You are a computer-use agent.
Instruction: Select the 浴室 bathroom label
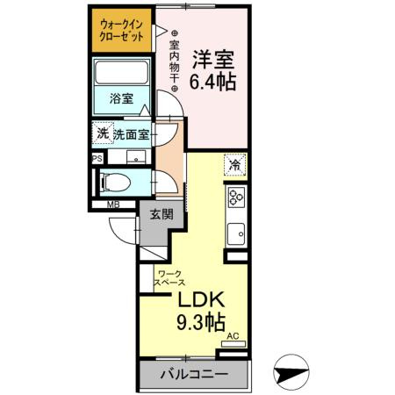(122, 98)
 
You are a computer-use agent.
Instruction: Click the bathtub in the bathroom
(122, 76)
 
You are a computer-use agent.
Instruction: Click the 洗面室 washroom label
(131, 136)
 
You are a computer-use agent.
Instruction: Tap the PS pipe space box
(97, 158)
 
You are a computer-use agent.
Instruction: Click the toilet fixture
(114, 183)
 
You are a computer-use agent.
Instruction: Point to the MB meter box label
(112, 206)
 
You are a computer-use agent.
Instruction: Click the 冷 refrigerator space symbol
(235, 164)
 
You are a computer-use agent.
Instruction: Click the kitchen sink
(235, 233)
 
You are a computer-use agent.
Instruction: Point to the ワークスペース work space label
(169, 278)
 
